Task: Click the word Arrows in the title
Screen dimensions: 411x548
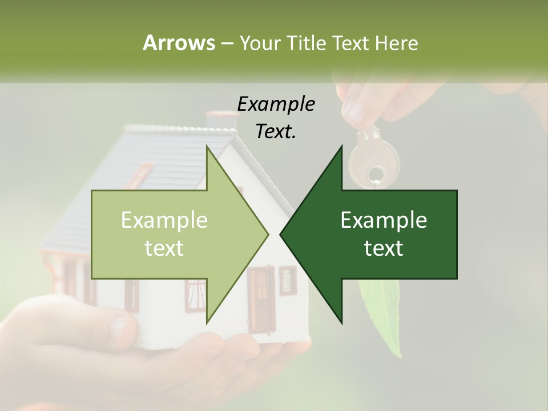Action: pyautogui.click(x=178, y=42)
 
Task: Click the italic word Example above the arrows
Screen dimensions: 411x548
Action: pyautogui.click(x=276, y=104)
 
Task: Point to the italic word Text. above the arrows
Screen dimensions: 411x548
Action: pyautogui.click(x=276, y=132)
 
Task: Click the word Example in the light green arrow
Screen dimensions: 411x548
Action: pyautogui.click(x=164, y=220)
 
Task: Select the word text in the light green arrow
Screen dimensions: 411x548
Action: pyautogui.click(x=164, y=248)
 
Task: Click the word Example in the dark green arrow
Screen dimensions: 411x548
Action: pyautogui.click(x=384, y=220)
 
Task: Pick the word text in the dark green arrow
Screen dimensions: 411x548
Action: pyautogui.click(x=384, y=248)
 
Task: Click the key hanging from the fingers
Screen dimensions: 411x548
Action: pyautogui.click(x=369, y=157)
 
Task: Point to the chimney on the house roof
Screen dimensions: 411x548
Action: pyautogui.click(x=222, y=119)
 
